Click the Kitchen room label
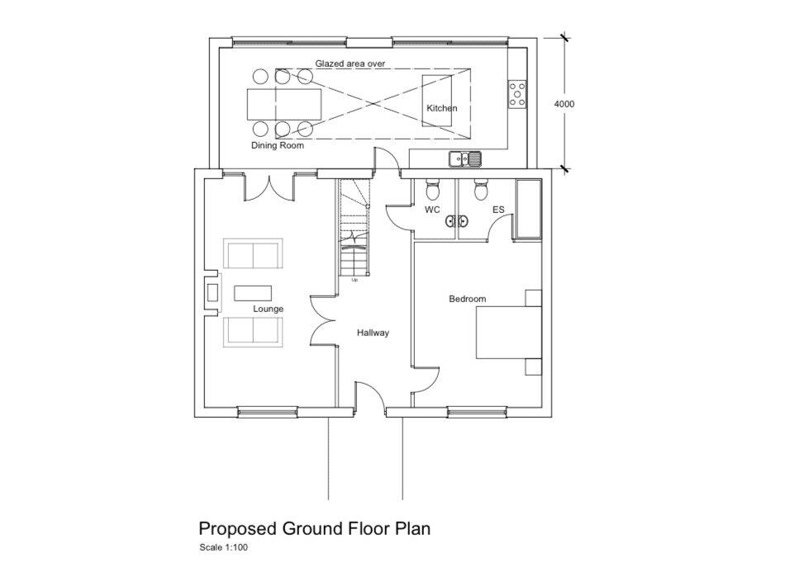pyautogui.click(x=441, y=108)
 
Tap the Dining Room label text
pyautogui.click(x=278, y=145)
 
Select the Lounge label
pyautogui.click(x=268, y=309)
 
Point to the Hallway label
pyautogui.click(x=373, y=333)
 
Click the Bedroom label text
pyautogui.click(x=467, y=299)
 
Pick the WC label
pyautogui.click(x=432, y=210)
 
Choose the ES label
pyautogui.click(x=498, y=210)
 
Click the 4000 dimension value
pyautogui.click(x=564, y=104)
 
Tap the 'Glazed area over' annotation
pyautogui.click(x=350, y=64)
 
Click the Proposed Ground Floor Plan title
pyautogui.click(x=314, y=528)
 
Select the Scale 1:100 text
pyautogui.click(x=223, y=547)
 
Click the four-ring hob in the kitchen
pyautogui.click(x=517, y=93)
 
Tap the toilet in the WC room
pyautogui.click(x=431, y=191)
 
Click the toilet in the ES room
pyautogui.click(x=480, y=191)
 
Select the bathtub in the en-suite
pyautogui.click(x=527, y=209)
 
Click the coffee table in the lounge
pyautogui.click(x=254, y=293)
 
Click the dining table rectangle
pyautogui.click(x=283, y=103)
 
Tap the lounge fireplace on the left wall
pyautogui.click(x=212, y=292)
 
